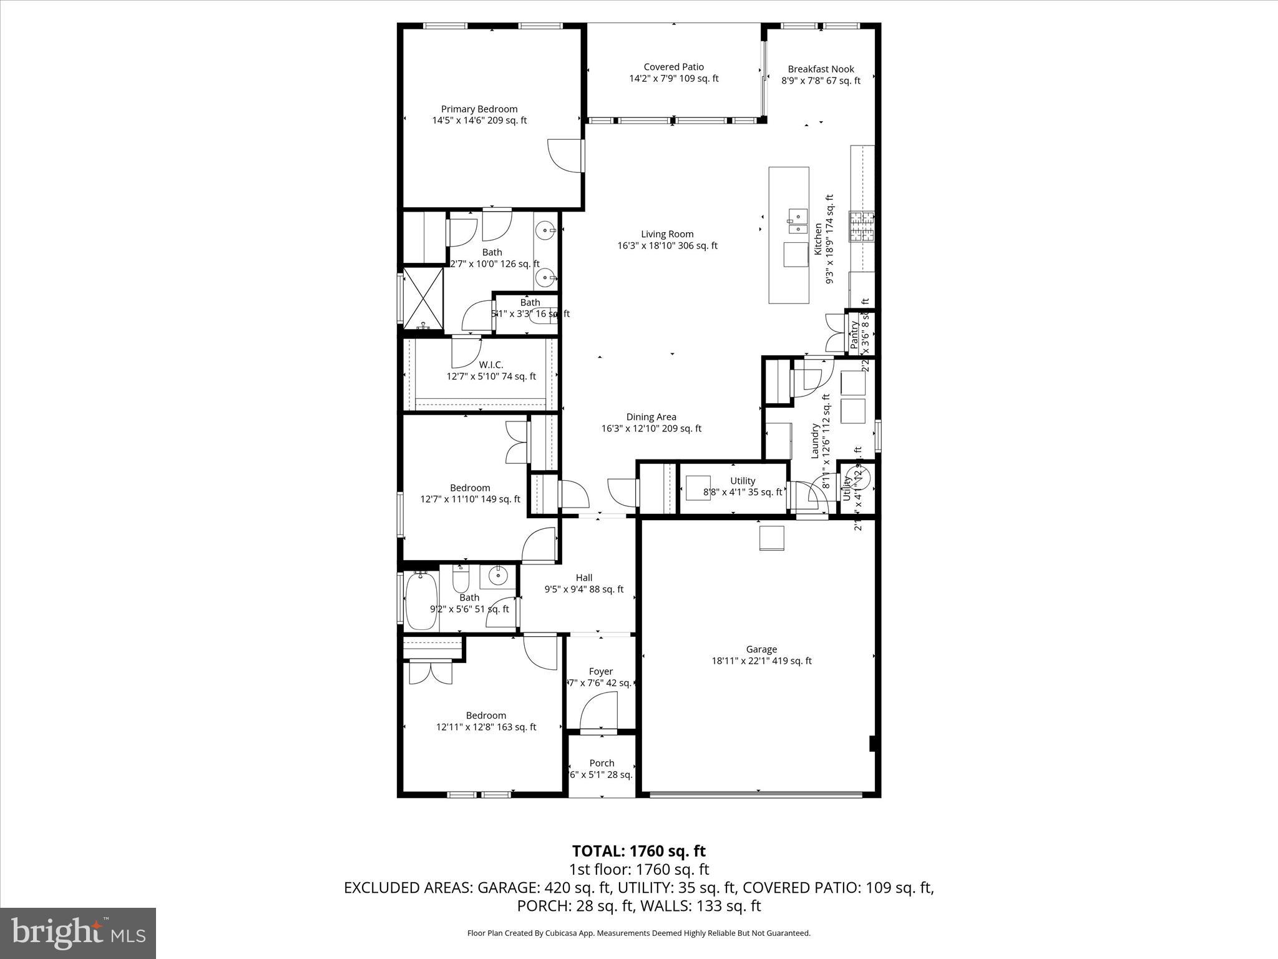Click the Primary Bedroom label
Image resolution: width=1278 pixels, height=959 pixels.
point(479,109)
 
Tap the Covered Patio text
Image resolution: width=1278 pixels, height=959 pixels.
point(673,67)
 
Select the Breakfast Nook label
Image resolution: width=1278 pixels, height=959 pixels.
point(821,69)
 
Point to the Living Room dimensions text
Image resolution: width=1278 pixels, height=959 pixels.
point(667,246)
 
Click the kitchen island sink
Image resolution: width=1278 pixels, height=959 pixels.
point(797,222)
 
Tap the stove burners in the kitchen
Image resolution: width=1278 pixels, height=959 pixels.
point(861,227)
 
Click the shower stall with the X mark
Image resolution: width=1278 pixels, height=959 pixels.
point(423,298)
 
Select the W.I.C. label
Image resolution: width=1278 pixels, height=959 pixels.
point(490,365)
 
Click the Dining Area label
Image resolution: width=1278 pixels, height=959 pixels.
point(651,417)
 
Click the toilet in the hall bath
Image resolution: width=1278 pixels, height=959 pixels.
point(461,581)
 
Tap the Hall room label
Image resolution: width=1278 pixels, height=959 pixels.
point(584,578)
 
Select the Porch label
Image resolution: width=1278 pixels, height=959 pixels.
point(602,763)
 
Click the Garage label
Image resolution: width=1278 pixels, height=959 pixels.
point(761,649)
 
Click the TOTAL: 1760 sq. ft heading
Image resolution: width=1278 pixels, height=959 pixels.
point(638,851)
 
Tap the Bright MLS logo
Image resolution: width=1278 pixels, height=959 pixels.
point(78,933)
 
